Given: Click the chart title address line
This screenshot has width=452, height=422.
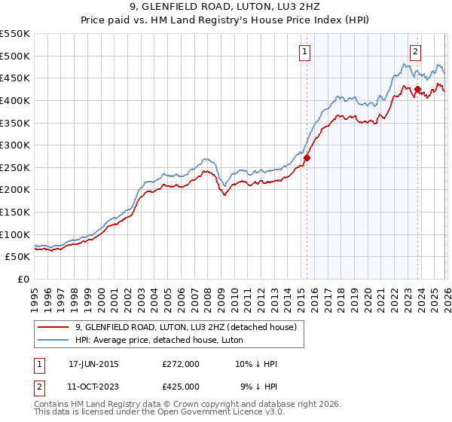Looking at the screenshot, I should coord(226,7).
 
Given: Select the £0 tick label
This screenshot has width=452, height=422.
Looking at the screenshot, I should coord(23,279).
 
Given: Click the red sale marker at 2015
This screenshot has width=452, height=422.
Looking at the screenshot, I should coord(307,157).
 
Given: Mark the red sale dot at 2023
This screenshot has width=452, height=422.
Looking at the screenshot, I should coord(417,89).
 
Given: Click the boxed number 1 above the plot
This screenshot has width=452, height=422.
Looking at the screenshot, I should coord(304,52).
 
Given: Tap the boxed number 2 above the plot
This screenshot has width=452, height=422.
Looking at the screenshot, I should coord(415,52).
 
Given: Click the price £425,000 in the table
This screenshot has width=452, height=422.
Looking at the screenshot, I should coord(181,387).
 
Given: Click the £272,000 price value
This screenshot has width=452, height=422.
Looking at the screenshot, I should coord(181,364).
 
